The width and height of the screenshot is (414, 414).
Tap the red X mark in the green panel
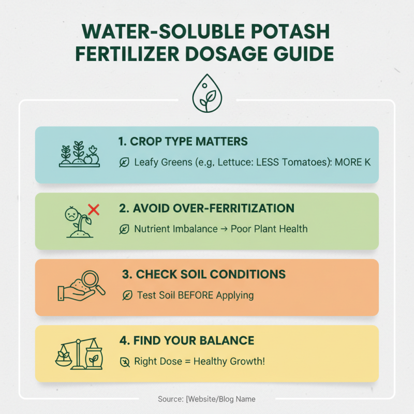click(x=94, y=210)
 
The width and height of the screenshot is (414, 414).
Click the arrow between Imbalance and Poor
click(x=224, y=229)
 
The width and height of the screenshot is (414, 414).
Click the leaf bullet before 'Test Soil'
click(x=127, y=295)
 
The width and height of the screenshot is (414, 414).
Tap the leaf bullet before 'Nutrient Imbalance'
click(x=124, y=229)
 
